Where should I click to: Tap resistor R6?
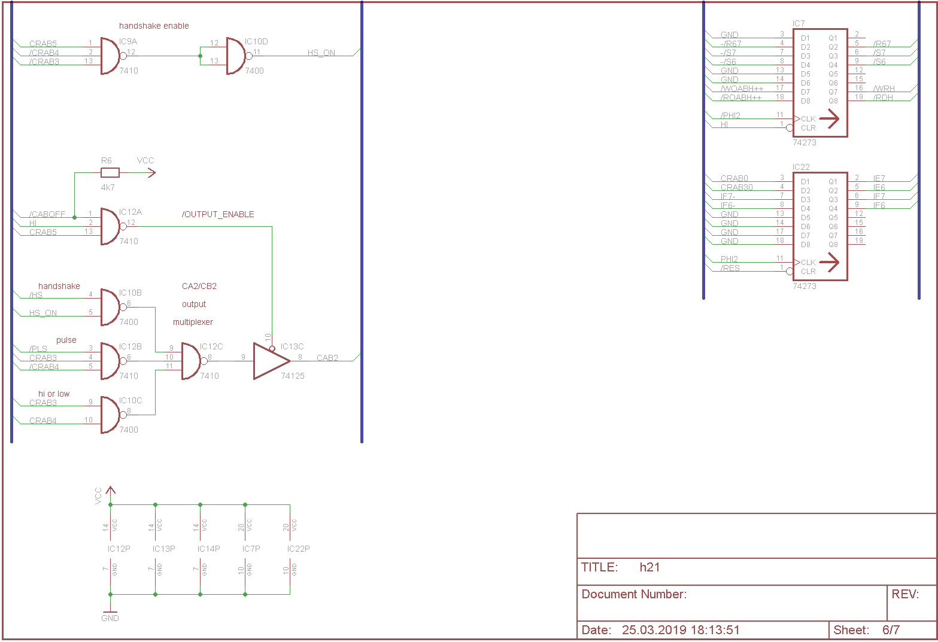(110, 173)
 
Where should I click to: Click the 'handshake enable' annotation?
(154, 26)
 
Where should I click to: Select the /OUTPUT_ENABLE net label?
(218, 214)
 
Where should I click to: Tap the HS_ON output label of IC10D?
(321, 53)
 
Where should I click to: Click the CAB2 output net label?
(327, 358)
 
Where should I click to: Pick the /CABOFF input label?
(47, 214)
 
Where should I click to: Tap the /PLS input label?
(38, 349)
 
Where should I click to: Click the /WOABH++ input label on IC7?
(742, 89)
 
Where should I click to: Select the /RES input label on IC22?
(730, 268)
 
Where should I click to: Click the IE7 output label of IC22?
(879, 178)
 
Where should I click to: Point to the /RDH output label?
(883, 98)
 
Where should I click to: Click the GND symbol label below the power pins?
(110, 618)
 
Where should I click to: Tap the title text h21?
(649, 567)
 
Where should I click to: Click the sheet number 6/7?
(891, 630)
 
